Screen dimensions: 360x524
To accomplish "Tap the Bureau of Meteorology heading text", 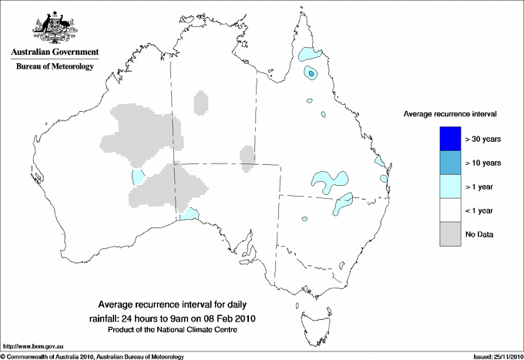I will tap(55, 67).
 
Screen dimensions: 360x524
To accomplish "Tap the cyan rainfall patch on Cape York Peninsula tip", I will tap(311, 55).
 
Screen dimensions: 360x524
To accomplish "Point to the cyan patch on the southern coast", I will tap(190, 214).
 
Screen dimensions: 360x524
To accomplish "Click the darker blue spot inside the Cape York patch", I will tap(311, 73).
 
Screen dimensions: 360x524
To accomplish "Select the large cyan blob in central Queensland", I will tap(330, 182).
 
